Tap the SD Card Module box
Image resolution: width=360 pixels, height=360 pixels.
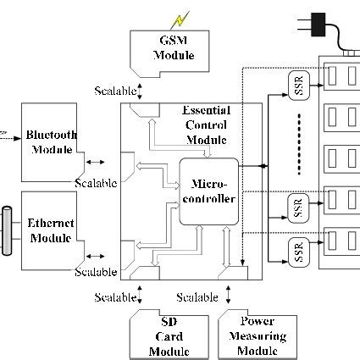[169, 336]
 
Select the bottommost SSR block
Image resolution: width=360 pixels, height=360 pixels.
[297, 252]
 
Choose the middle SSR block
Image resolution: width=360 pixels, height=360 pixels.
[297, 208]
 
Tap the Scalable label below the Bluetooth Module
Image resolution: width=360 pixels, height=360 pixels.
[95, 183]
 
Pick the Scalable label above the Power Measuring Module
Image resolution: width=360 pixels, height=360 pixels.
[197, 297]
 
